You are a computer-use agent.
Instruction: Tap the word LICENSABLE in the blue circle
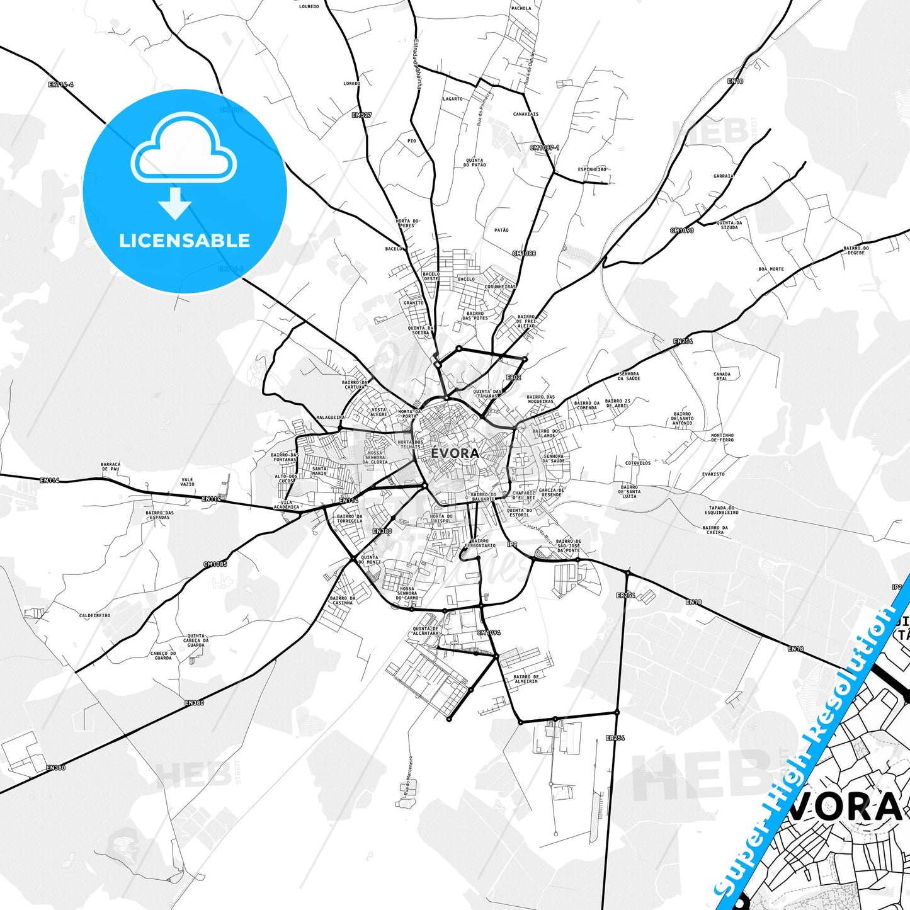click(x=185, y=241)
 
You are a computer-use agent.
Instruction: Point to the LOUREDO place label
click(x=309, y=6)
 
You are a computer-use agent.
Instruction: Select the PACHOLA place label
click(x=521, y=8)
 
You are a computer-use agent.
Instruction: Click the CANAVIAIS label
click(x=526, y=115)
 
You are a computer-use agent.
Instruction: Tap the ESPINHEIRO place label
click(x=592, y=169)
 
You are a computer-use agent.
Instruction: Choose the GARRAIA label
click(x=723, y=176)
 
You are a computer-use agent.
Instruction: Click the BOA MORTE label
click(x=771, y=269)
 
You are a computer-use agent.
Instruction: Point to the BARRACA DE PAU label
click(x=110, y=467)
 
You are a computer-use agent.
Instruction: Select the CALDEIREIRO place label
click(x=94, y=615)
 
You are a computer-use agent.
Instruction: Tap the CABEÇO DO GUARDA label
click(x=163, y=656)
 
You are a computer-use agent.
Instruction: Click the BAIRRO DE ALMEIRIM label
click(x=526, y=679)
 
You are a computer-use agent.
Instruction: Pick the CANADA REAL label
click(x=722, y=377)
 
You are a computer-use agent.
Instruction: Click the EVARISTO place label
click(x=713, y=474)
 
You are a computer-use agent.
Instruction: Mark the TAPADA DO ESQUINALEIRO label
click(x=722, y=510)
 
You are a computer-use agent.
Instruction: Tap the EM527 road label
click(x=361, y=115)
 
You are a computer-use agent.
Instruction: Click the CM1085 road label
click(x=215, y=564)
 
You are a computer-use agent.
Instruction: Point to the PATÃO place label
click(x=501, y=230)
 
